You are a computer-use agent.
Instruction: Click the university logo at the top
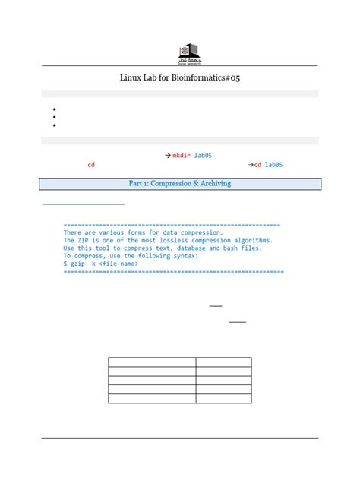pyautogui.click(x=186, y=52)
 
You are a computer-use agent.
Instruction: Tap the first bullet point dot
pyautogui.click(x=55, y=109)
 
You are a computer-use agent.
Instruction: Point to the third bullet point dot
pyautogui.click(x=55, y=125)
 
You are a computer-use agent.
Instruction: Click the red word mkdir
pyautogui.click(x=181, y=155)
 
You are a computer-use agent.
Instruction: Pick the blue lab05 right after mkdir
pyautogui.click(x=203, y=155)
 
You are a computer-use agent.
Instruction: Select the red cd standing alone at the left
pyautogui.click(x=91, y=164)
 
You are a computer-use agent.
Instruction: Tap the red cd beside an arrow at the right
pyautogui.click(x=257, y=164)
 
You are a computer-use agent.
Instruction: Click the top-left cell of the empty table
pyautogui.click(x=152, y=362)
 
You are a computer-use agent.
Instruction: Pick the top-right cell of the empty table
pyautogui.click(x=223, y=362)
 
